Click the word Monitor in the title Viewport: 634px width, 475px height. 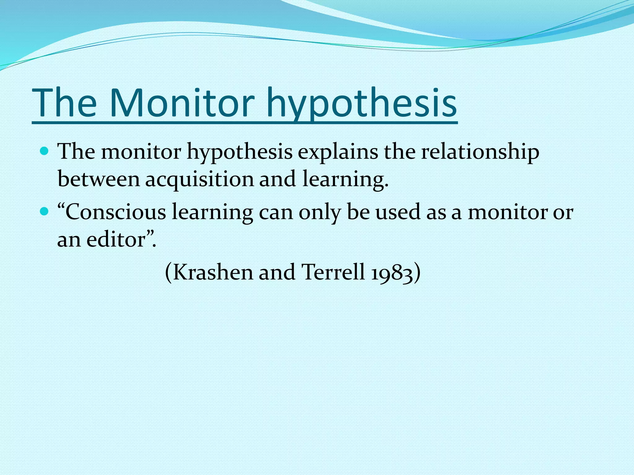click(x=182, y=103)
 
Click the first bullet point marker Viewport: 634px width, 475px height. click(x=45, y=152)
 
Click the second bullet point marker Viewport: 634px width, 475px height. click(x=45, y=212)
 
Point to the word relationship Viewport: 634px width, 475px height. click(x=480, y=152)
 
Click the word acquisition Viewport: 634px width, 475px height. click(x=199, y=179)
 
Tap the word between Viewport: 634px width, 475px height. click(x=99, y=179)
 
